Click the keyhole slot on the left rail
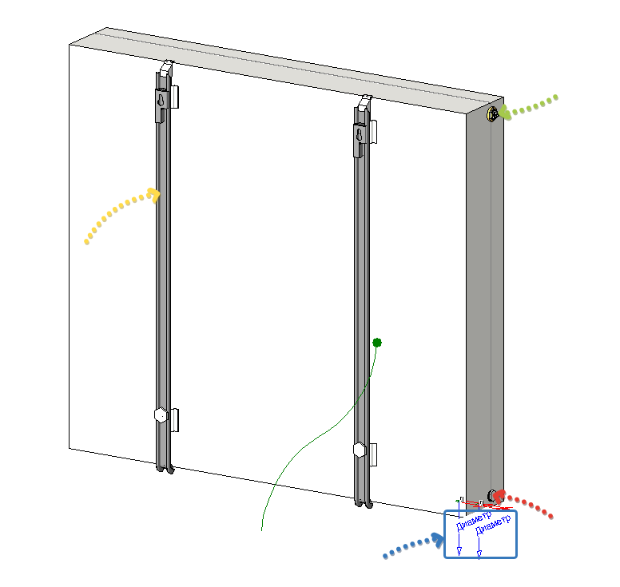[161, 100]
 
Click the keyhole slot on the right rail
[360, 135]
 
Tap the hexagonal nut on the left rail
[161, 415]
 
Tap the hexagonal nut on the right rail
[360, 450]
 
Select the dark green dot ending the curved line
[377, 343]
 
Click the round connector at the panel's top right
[493, 114]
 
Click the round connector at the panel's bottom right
[492, 496]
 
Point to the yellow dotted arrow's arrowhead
[154, 196]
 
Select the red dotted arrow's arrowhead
[500, 496]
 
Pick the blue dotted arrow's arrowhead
[438, 541]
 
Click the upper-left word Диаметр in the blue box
[474, 521]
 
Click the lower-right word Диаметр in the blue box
[494, 525]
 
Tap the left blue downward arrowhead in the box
[459, 551]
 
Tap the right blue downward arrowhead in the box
[479, 554]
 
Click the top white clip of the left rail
[167, 68]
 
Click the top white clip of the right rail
[365, 102]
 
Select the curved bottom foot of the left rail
[165, 469]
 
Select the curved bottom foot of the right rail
[364, 503]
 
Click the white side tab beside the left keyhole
[174, 97]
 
